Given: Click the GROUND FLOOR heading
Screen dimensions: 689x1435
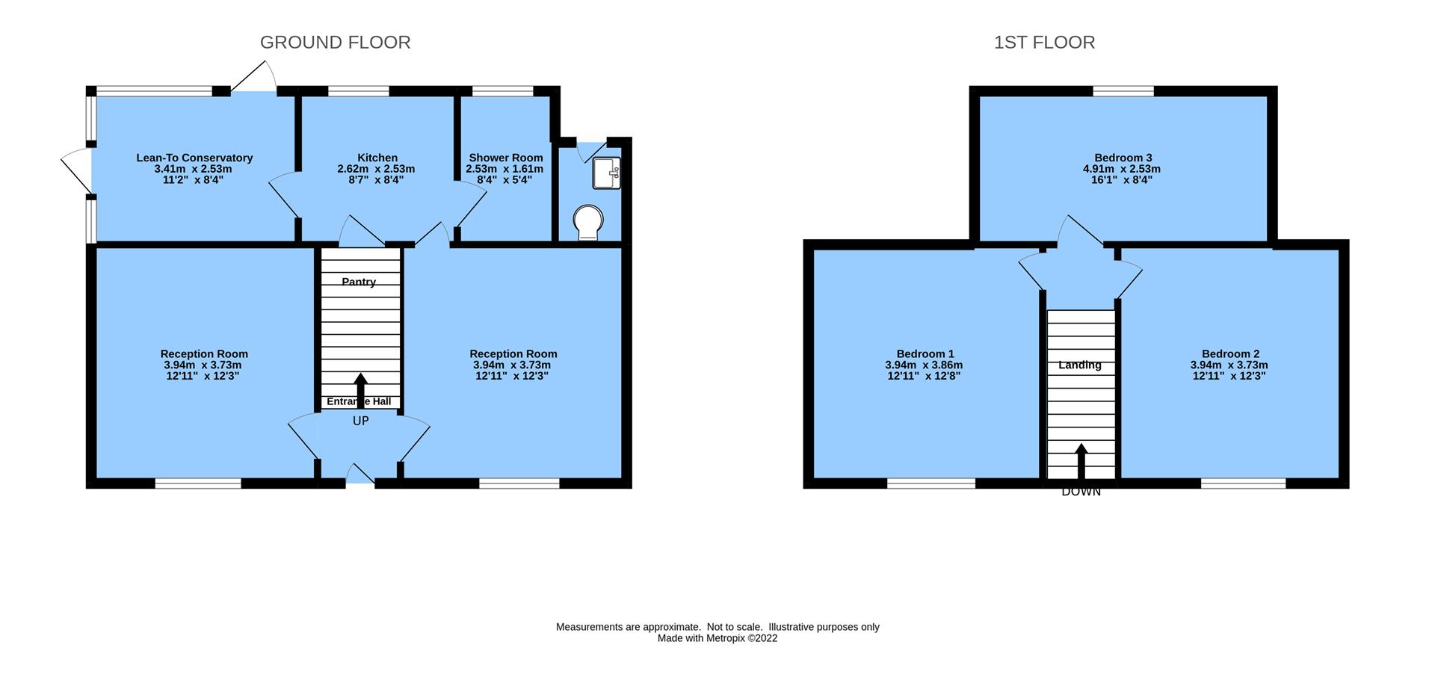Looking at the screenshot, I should [x=335, y=43].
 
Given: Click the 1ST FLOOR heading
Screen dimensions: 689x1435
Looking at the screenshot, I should [x=1044, y=43].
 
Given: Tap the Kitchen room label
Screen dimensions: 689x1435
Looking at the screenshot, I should [x=377, y=158].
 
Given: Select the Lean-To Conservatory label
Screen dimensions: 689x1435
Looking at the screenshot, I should [x=194, y=158].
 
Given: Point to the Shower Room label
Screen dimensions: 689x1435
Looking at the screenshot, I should [x=505, y=158].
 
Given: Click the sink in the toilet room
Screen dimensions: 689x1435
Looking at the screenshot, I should [x=606, y=173].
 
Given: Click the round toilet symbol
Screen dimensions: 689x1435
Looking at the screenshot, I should [x=588, y=222].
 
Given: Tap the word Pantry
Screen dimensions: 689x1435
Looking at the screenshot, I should [x=359, y=282].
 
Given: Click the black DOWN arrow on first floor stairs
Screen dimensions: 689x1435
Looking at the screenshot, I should [x=1081, y=461].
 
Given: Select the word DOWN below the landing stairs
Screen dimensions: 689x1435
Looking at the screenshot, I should [x=1081, y=492].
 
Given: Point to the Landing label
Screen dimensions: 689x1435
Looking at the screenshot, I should [x=1079, y=365].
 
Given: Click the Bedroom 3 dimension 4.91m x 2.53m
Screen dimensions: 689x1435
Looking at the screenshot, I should [x=1123, y=169].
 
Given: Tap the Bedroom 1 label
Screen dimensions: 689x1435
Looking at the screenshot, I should [x=925, y=353].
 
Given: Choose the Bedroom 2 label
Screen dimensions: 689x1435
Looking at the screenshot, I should [x=1229, y=353].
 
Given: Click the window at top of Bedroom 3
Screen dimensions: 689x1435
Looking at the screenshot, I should [x=1123, y=91].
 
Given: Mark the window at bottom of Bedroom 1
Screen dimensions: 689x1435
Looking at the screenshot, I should [x=931, y=483].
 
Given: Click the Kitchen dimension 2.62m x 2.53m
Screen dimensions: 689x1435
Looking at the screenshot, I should [x=376, y=169].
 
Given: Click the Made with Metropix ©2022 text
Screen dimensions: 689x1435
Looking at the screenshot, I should [x=717, y=638].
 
